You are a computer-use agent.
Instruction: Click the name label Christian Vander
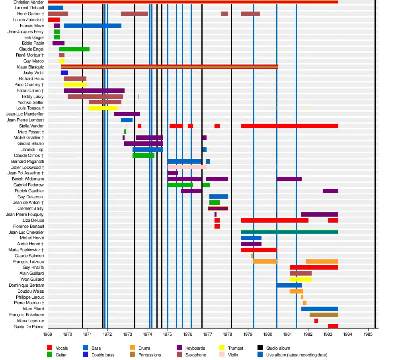[x=28, y=2]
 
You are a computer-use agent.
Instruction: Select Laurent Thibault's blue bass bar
[x=55, y=8]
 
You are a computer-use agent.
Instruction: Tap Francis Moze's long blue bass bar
[x=92, y=26]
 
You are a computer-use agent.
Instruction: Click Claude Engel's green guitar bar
[x=74, y=49]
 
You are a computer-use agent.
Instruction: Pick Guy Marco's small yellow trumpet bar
[x=62, y=61]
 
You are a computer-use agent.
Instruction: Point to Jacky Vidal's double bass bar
[x=64, y=73]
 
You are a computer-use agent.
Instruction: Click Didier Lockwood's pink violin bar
[x=187, y=167]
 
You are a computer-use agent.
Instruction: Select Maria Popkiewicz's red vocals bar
[x=259, y=250]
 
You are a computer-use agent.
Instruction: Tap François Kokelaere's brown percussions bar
[x=324, y=315]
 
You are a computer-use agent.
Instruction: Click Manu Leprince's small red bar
[x=316, y=321]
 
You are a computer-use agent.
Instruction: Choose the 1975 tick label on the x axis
[x=168, y=335]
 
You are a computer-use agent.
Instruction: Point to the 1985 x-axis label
[x=368, y=335]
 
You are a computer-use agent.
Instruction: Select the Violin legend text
[x=233, y=355]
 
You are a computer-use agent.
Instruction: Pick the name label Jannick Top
[x=33, y=150]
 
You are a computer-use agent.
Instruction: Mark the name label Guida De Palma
[x=30, y=327]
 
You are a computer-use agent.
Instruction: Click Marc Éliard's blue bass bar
[x=320, y=309]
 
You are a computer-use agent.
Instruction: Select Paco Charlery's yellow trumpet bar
[x=75, y=85]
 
